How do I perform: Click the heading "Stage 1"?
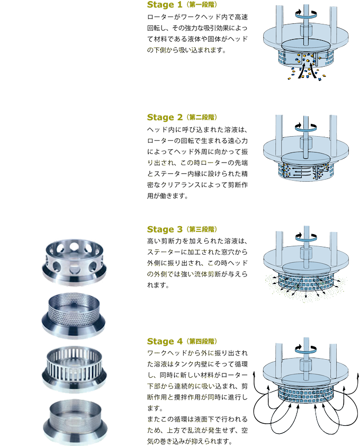165,5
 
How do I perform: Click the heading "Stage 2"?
165,117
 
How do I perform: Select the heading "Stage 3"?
165,229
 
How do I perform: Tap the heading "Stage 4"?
165,341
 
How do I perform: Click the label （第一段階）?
202,5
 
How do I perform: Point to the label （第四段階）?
202,341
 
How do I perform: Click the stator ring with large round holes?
75,262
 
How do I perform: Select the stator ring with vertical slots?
75,369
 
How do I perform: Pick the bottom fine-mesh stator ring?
75,422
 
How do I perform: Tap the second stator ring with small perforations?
74,316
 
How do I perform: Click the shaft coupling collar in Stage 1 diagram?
306,30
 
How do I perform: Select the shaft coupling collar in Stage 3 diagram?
306,252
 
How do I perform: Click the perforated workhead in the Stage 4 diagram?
305,395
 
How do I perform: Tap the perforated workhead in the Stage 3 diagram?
305,283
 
